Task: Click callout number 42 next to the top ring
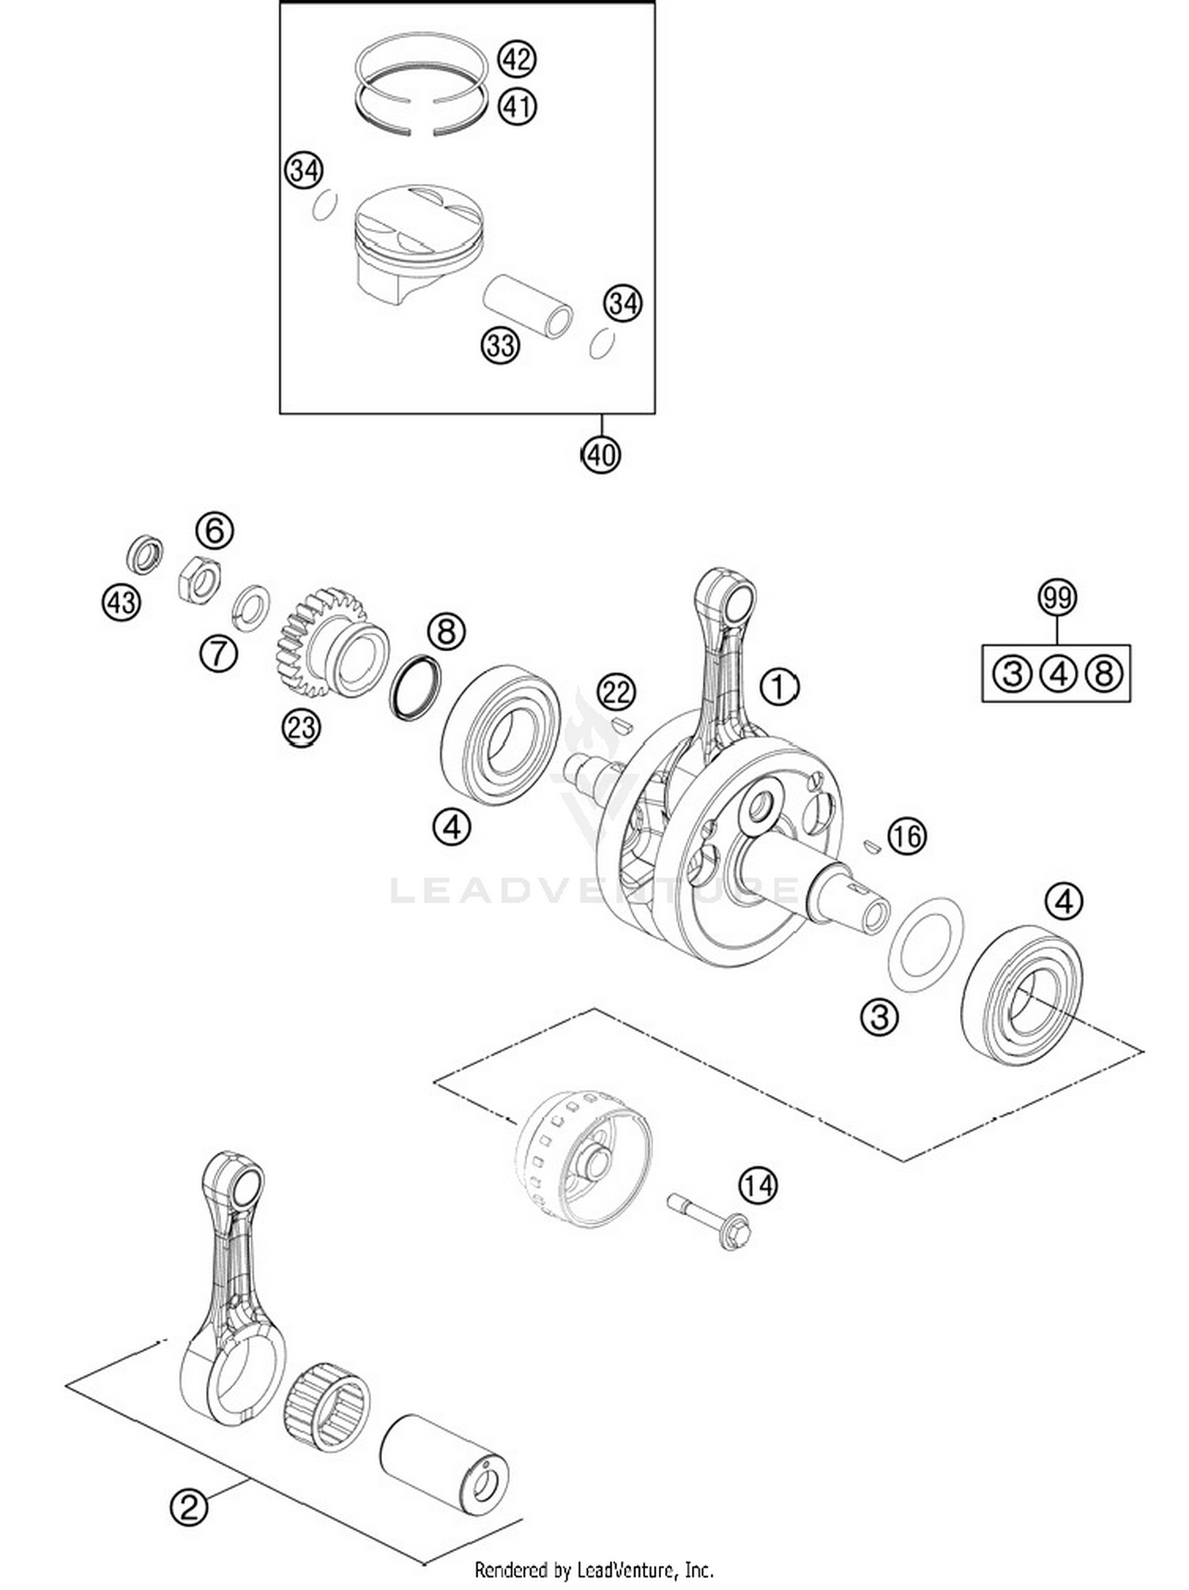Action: [517, 59]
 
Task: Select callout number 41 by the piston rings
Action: [517, 105]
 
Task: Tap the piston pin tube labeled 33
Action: [528, 305]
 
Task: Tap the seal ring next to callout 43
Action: [145, 555]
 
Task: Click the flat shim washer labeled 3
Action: [925, 944]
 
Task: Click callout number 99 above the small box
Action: [1057, 598]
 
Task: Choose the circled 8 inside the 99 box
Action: [1103, 673]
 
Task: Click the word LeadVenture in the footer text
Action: [627, 1569]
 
